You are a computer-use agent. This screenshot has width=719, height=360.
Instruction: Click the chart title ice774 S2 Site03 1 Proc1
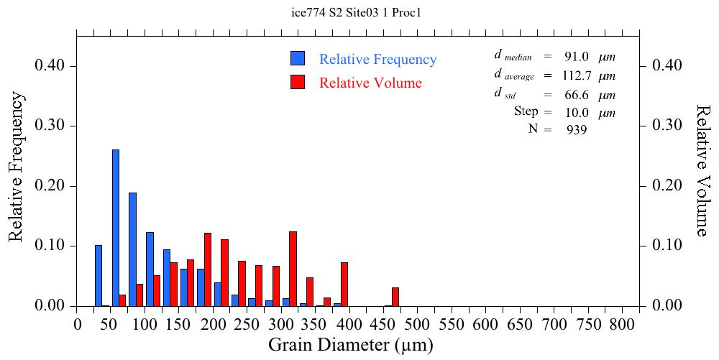pos(359,12)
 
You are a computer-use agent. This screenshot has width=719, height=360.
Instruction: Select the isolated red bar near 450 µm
pos(395,297)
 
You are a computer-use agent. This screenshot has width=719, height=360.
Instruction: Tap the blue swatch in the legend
pos(298,59)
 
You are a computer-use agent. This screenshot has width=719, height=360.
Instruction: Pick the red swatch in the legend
pos(298,82)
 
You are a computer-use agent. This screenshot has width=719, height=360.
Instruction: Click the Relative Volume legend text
pos(370,83)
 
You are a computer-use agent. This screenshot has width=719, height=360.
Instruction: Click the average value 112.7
pos(576,75)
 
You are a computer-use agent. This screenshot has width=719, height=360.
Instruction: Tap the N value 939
pos(576,130)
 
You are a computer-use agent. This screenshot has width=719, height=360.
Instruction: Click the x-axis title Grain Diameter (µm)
pos(351,345)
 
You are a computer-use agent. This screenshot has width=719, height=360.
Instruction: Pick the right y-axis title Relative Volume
pos(702,170)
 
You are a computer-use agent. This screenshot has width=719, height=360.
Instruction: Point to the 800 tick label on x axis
pos(621,325)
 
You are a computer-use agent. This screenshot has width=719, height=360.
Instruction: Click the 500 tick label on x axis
pos(418,325)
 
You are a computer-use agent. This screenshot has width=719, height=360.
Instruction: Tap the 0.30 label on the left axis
pos(50,126)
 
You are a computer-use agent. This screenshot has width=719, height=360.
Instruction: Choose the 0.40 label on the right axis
pos(667,65)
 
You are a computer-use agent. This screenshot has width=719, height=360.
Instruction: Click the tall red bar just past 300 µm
pos(293,269)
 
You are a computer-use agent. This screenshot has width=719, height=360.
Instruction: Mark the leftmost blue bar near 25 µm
pos(99,275)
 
